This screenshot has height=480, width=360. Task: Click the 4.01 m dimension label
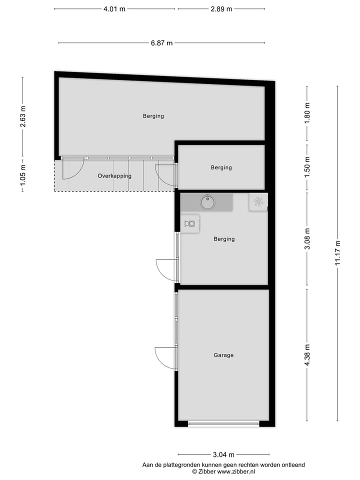[x=114, y=9]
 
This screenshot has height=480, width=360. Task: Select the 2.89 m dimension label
[x=221, y=9]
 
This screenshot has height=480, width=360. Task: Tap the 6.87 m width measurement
[x=161, y=43]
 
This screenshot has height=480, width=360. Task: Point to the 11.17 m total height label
[x=338, y=254]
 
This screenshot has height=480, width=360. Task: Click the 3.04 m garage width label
[x=223, y=454]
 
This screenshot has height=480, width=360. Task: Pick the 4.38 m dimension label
[x=307, y=354]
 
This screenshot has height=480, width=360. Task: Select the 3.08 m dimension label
[x=307, y=239]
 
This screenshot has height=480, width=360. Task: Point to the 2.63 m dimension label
[x=22, y=116]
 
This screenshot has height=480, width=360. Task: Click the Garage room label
[x=223, y=355]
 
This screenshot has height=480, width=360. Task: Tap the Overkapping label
[x=114, y=176]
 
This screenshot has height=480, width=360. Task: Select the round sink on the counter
[x=207, y=202]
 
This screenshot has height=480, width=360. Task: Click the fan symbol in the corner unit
[x=258, y=201]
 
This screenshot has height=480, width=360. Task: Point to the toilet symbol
[x=190, y=223]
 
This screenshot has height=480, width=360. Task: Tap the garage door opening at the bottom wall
[x=223, y=424]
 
